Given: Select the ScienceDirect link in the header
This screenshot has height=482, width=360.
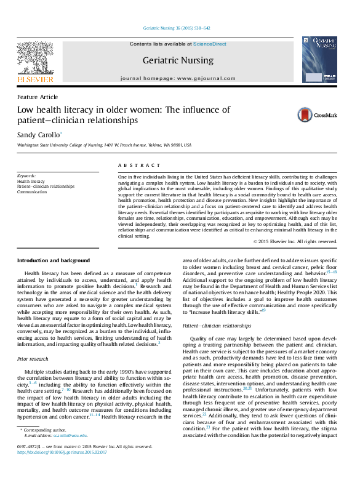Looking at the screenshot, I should pyautogui.click(x=210, y=44).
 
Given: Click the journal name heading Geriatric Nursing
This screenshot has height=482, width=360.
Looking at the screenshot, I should pyautogui.click(x=178, y=60).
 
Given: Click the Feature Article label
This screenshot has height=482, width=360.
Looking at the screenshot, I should pyautogui.click(x=38, y=97).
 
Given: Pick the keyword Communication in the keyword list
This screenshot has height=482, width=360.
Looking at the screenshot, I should pyautogui.click(x=32, y=191).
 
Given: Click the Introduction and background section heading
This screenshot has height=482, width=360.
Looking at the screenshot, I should pyautogui.click(x=54, y=260).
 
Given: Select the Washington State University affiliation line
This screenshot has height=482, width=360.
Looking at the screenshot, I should pyautogui.click(x=104, y=145).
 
